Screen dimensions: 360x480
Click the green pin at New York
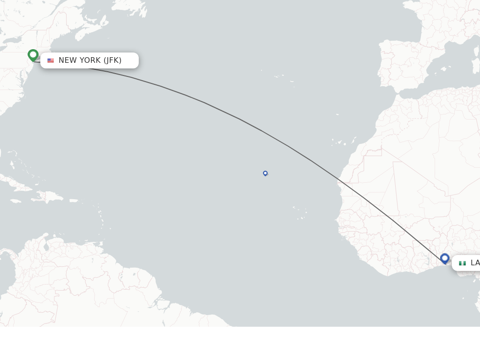(33, 55)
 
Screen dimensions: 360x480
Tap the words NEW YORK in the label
(80, 60)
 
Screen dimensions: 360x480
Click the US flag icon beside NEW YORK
(51, 60)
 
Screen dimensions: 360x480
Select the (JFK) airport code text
(112, 60)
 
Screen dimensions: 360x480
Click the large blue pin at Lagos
(445, 258)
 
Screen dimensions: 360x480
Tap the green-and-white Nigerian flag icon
(462, 263)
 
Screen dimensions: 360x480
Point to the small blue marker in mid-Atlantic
(265, 173)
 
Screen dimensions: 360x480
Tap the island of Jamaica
(15, 201)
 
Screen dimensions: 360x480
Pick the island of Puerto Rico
(74, 201)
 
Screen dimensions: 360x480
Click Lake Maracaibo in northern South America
(45, 246)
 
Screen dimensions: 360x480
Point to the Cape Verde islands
(300, 213)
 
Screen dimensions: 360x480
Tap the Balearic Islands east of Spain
(443, 68)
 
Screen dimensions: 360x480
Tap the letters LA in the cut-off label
(475, 263)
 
